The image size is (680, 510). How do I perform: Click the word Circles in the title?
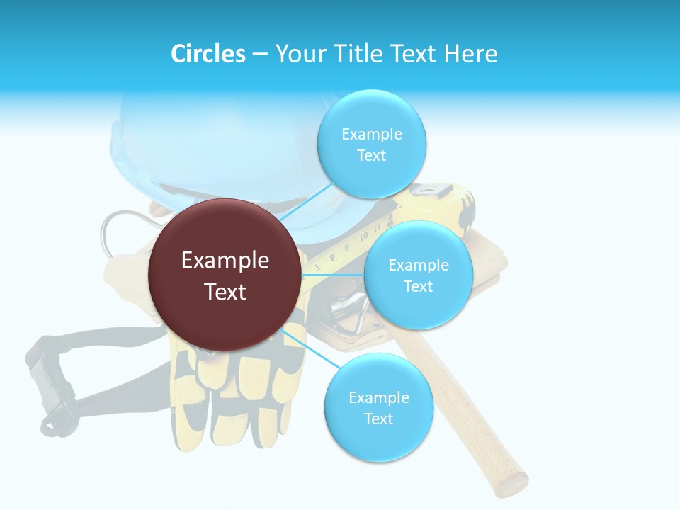click(208, 54)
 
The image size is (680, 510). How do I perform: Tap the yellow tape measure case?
click(453, 205)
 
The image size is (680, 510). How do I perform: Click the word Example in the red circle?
click(225, 261)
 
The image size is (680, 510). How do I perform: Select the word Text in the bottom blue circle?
click(378, 419)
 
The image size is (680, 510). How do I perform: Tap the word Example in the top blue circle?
click(371, 135)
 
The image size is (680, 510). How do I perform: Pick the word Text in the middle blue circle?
click(418, 286)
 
